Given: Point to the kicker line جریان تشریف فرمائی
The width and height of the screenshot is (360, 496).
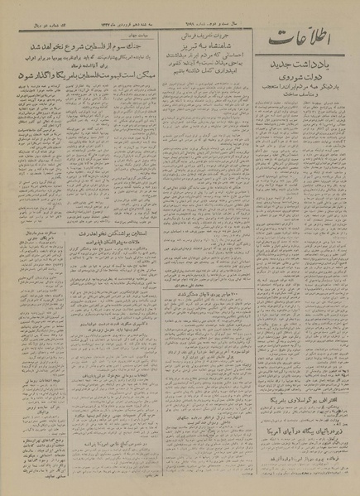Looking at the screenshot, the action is point(203,35).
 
